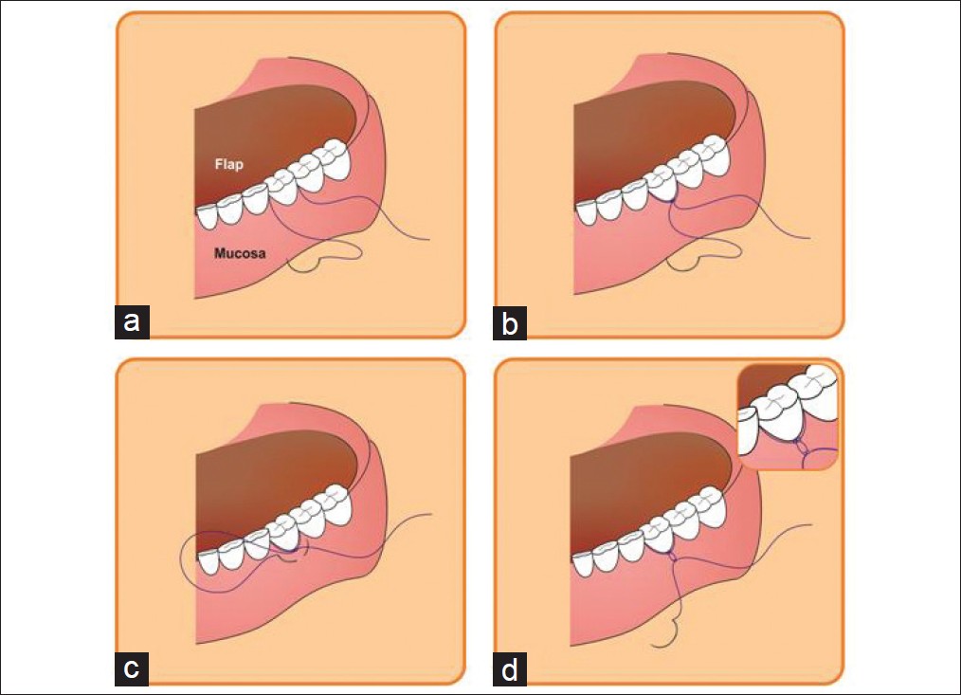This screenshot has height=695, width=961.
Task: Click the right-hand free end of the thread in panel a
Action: pyautogui.click(x=429, y=239)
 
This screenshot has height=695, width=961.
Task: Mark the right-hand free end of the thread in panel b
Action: pyautogui.click(x=809, y=238)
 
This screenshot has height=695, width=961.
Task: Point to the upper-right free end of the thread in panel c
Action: pyautogui.click(x=432, y=514)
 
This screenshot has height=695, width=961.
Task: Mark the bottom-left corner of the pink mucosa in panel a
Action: pyautogui.click(x=195, y=298)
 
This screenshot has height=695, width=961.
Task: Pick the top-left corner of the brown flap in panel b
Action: pyautogui.click(x=574, y=105)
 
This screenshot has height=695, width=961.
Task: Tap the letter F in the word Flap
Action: pyautogui.click(x=219, y=164)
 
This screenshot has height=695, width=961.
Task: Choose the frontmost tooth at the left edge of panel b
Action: pyautogui.click(x=585, y=213)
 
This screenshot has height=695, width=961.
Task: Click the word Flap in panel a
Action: pyautogui.click(x=228, y=164)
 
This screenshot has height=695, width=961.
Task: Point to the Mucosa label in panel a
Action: pyautogui.click(x=240, y=253)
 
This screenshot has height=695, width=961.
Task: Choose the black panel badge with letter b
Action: pyautogui.click(x=510, y=323)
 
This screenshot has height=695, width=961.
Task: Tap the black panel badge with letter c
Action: pyautogui.click(x=132, y=668)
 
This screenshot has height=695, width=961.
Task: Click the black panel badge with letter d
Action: pyautogui.click(x=510, y=668)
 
